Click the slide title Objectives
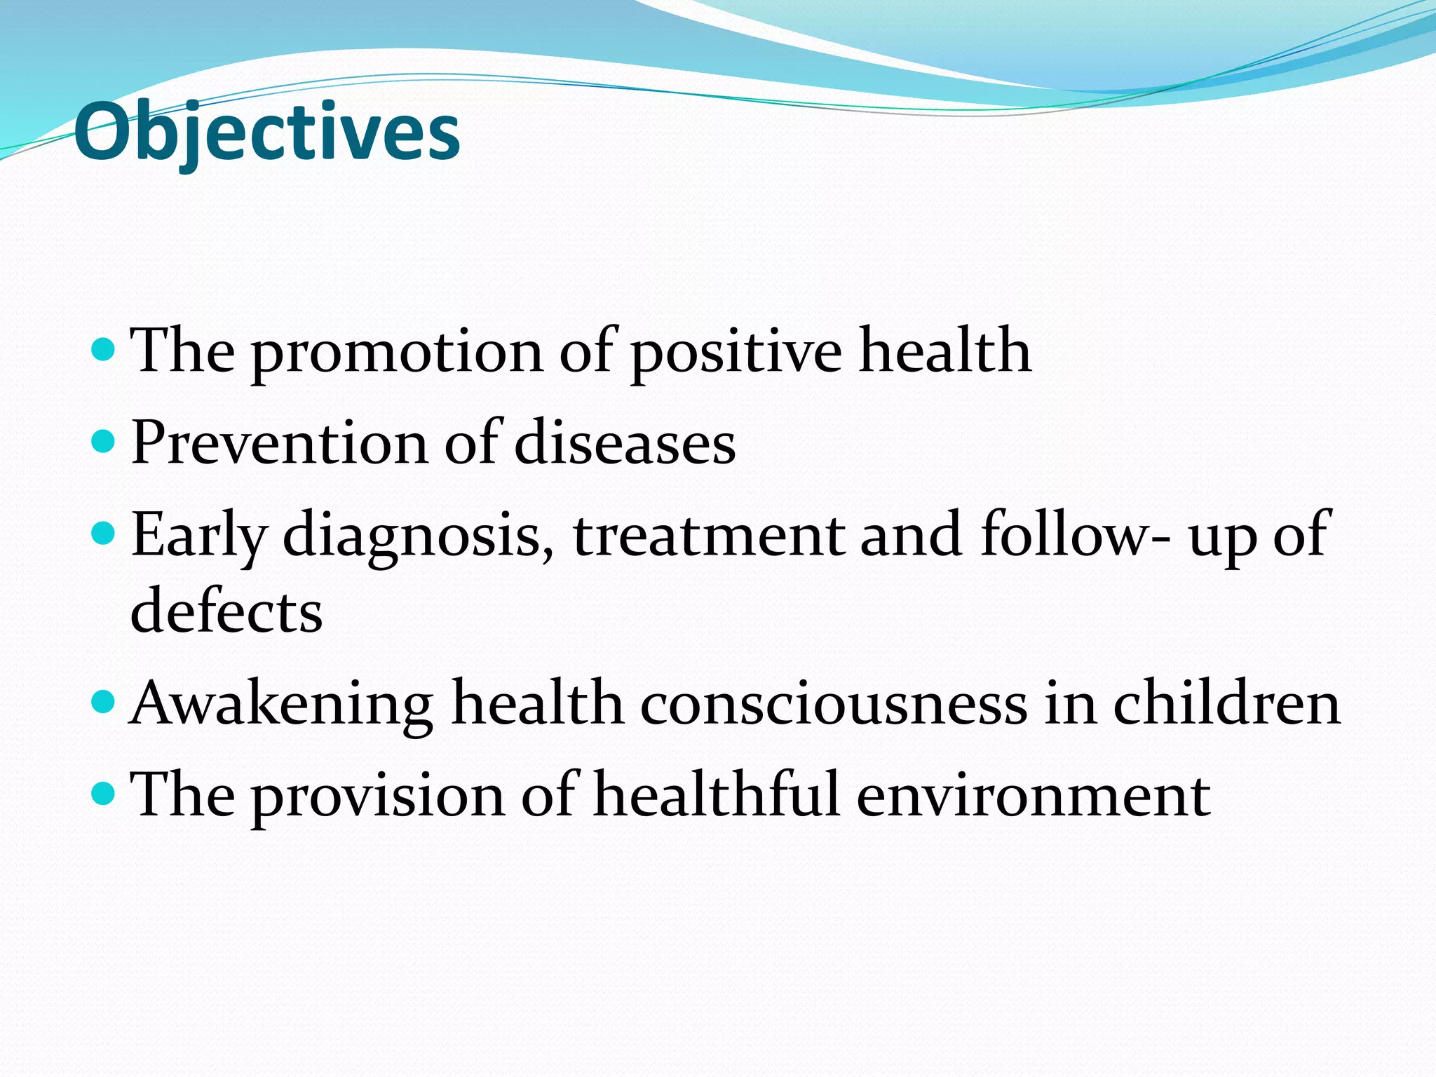(x=266, y=132)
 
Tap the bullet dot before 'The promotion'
(x=103, y=348)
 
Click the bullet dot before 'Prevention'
(x=103, y=441)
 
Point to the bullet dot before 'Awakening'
(x=103, y=701)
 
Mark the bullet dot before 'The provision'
(x=103, y=793)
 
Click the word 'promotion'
(x=397, y=352)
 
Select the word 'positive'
(x=736, y=352)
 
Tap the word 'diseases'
(x=625, y=445)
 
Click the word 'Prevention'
(x=279, y=445)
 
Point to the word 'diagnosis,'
(x=419, y=537)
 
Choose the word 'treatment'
(x=709, y=537)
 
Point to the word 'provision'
(x=378, y=797)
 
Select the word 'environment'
(x=1033, y=797)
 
